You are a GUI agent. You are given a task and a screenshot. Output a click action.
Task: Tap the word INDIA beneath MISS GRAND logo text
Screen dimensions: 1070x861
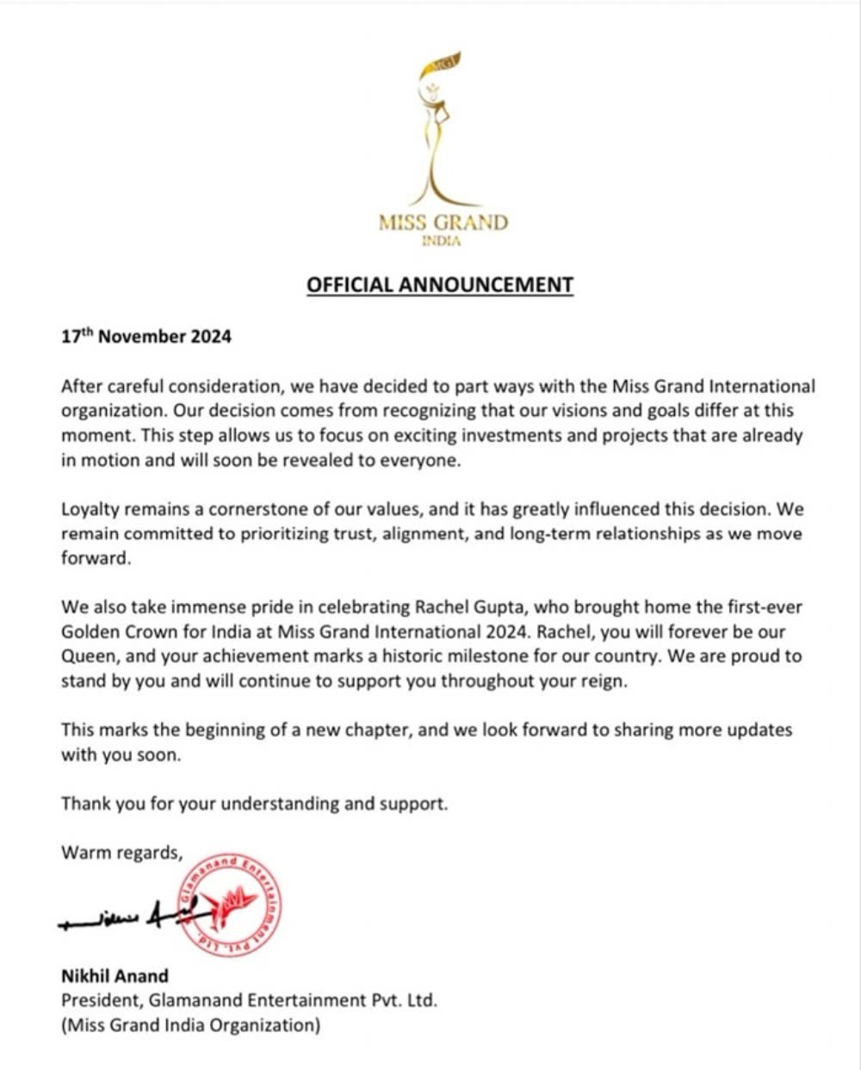pyautogui.click(x=443, y=241)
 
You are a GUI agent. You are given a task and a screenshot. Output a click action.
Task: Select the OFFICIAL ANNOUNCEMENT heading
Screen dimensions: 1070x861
pyautogui.click(x=440, y=284)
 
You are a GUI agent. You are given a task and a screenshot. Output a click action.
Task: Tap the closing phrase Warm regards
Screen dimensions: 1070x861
pyautogui.click(x=121, y=853)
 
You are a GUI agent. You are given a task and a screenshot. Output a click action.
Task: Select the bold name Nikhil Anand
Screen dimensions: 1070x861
pyautogui.click(x=115, y=976)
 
